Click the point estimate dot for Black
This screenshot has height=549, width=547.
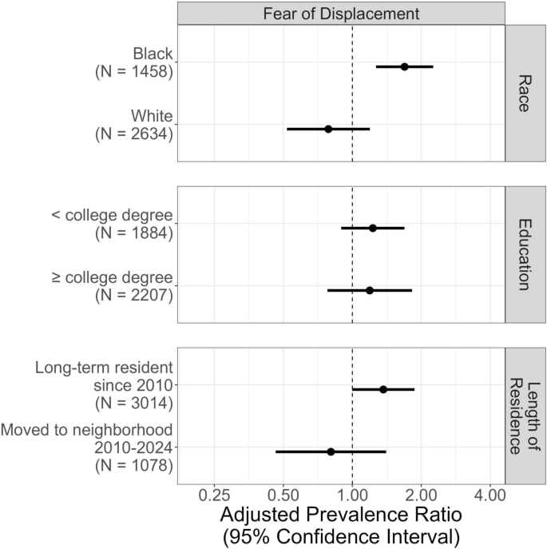pos(404,66)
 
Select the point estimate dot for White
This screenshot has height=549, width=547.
pos(328,129)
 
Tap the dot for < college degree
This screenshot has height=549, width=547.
pos(372,228)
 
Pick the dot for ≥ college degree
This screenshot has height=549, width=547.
pos(369,290)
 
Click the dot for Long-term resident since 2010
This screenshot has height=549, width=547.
pos(383,389)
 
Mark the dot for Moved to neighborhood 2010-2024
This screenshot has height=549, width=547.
pos(331,452)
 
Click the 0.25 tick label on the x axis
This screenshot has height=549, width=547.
pos(214,495)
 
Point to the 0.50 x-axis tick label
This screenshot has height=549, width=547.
pos(283,495)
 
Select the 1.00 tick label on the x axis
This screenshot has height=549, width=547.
pos(352,495)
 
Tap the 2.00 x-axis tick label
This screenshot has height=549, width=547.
pos(421,495)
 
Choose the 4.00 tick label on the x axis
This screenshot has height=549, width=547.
pos(490,495)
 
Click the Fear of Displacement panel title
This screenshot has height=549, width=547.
pos(341,13)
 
